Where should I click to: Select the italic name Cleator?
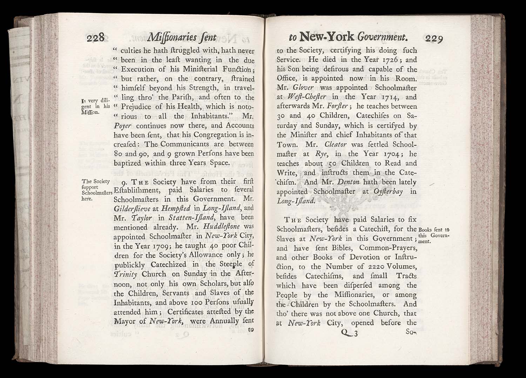pos(336,144)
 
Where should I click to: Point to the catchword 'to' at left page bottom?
pos(250,330)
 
